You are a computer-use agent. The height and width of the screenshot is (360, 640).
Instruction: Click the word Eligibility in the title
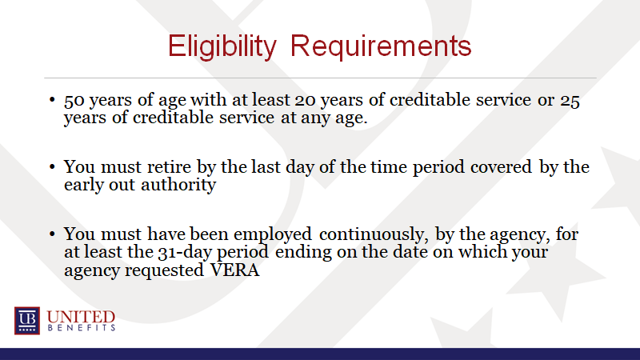click(222, 46)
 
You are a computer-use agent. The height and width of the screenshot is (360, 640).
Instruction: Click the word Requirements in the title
click(381, 46)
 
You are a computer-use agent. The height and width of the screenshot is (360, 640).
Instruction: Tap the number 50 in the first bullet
click(74, 101)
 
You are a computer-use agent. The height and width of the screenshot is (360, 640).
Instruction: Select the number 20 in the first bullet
click(306, 101)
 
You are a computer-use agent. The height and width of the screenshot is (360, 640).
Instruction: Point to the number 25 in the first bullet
click(570, 101)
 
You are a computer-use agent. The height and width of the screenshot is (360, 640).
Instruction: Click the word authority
click(178, 186)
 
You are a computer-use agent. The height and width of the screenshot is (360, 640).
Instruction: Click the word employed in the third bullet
click(273, 235)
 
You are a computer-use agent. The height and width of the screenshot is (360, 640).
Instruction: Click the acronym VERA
click(234, 270)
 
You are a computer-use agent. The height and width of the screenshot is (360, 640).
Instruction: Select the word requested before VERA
click(164, 271)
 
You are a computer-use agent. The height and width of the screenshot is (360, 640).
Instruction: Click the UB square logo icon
click(27, 321)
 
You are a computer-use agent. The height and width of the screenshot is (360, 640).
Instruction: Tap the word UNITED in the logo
click(81, 317)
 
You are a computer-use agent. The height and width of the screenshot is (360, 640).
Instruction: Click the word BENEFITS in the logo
click(82, 328)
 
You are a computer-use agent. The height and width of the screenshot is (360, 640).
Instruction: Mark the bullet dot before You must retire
click(52, 166)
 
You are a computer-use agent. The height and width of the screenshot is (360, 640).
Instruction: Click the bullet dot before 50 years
click(52, 99)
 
